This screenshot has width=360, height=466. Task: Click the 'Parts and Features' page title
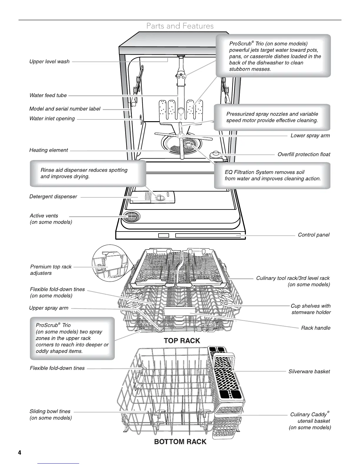180,26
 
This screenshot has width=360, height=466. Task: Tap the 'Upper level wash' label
49,61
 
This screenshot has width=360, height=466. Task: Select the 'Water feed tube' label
48,95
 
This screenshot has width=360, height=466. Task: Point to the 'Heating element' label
49,150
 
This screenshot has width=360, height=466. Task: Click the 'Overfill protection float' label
304,154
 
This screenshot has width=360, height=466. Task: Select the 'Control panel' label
314,235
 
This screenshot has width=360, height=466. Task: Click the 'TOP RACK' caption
182,341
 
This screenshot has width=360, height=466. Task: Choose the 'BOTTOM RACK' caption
180,442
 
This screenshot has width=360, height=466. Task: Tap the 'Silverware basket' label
309,372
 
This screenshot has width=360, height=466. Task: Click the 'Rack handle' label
316,328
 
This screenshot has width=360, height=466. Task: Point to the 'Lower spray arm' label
310,136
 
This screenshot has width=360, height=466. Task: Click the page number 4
19,452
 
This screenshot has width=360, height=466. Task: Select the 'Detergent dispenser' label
53,197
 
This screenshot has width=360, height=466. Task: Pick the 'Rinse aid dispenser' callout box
88,173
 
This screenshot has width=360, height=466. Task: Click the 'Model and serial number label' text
65,109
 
